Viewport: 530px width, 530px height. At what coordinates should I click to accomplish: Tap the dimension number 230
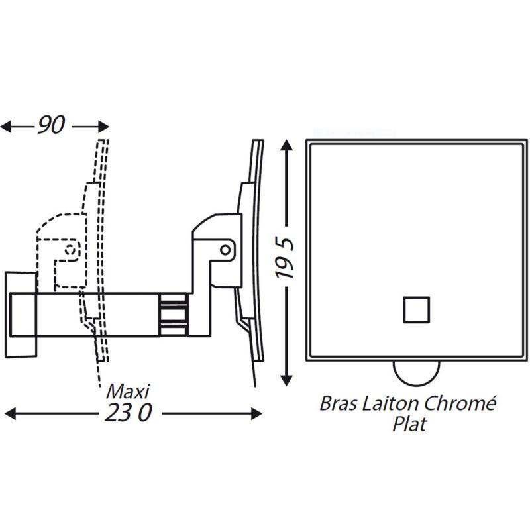[128, 413]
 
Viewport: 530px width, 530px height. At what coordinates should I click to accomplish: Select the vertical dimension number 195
[286, 262]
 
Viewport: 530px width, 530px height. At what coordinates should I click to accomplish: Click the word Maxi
[129, 389]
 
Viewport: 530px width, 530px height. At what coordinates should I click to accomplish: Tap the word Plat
[408, 424]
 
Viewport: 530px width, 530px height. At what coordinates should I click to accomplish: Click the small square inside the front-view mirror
[417, 309]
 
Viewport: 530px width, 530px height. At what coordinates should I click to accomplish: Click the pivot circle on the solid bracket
[227, 249]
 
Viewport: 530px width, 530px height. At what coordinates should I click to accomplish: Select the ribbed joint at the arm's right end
[173, 313]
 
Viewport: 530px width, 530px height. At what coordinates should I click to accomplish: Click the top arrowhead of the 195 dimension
[286, 145]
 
